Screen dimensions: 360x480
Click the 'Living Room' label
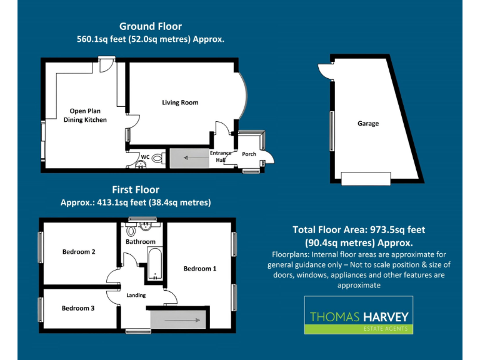[180, 102]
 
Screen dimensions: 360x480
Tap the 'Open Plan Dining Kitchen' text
[88, 115]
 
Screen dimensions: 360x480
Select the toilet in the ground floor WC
[157, 159]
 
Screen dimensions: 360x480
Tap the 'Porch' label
[249, 154]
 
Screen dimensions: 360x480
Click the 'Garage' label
[367, 124]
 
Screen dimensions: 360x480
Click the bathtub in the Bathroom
[154, 263]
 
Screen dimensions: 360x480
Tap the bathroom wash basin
[148, 226]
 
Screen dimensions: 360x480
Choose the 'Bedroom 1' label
[199, 269]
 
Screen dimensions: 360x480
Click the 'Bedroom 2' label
[79, 252]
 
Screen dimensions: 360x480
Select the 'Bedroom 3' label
[78, 308]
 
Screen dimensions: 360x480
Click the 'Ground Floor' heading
[151, 26]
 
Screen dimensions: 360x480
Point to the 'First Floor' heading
[136, 189]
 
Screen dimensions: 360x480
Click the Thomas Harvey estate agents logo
[358, 315]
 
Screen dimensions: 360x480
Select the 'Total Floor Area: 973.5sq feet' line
[359, 230]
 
